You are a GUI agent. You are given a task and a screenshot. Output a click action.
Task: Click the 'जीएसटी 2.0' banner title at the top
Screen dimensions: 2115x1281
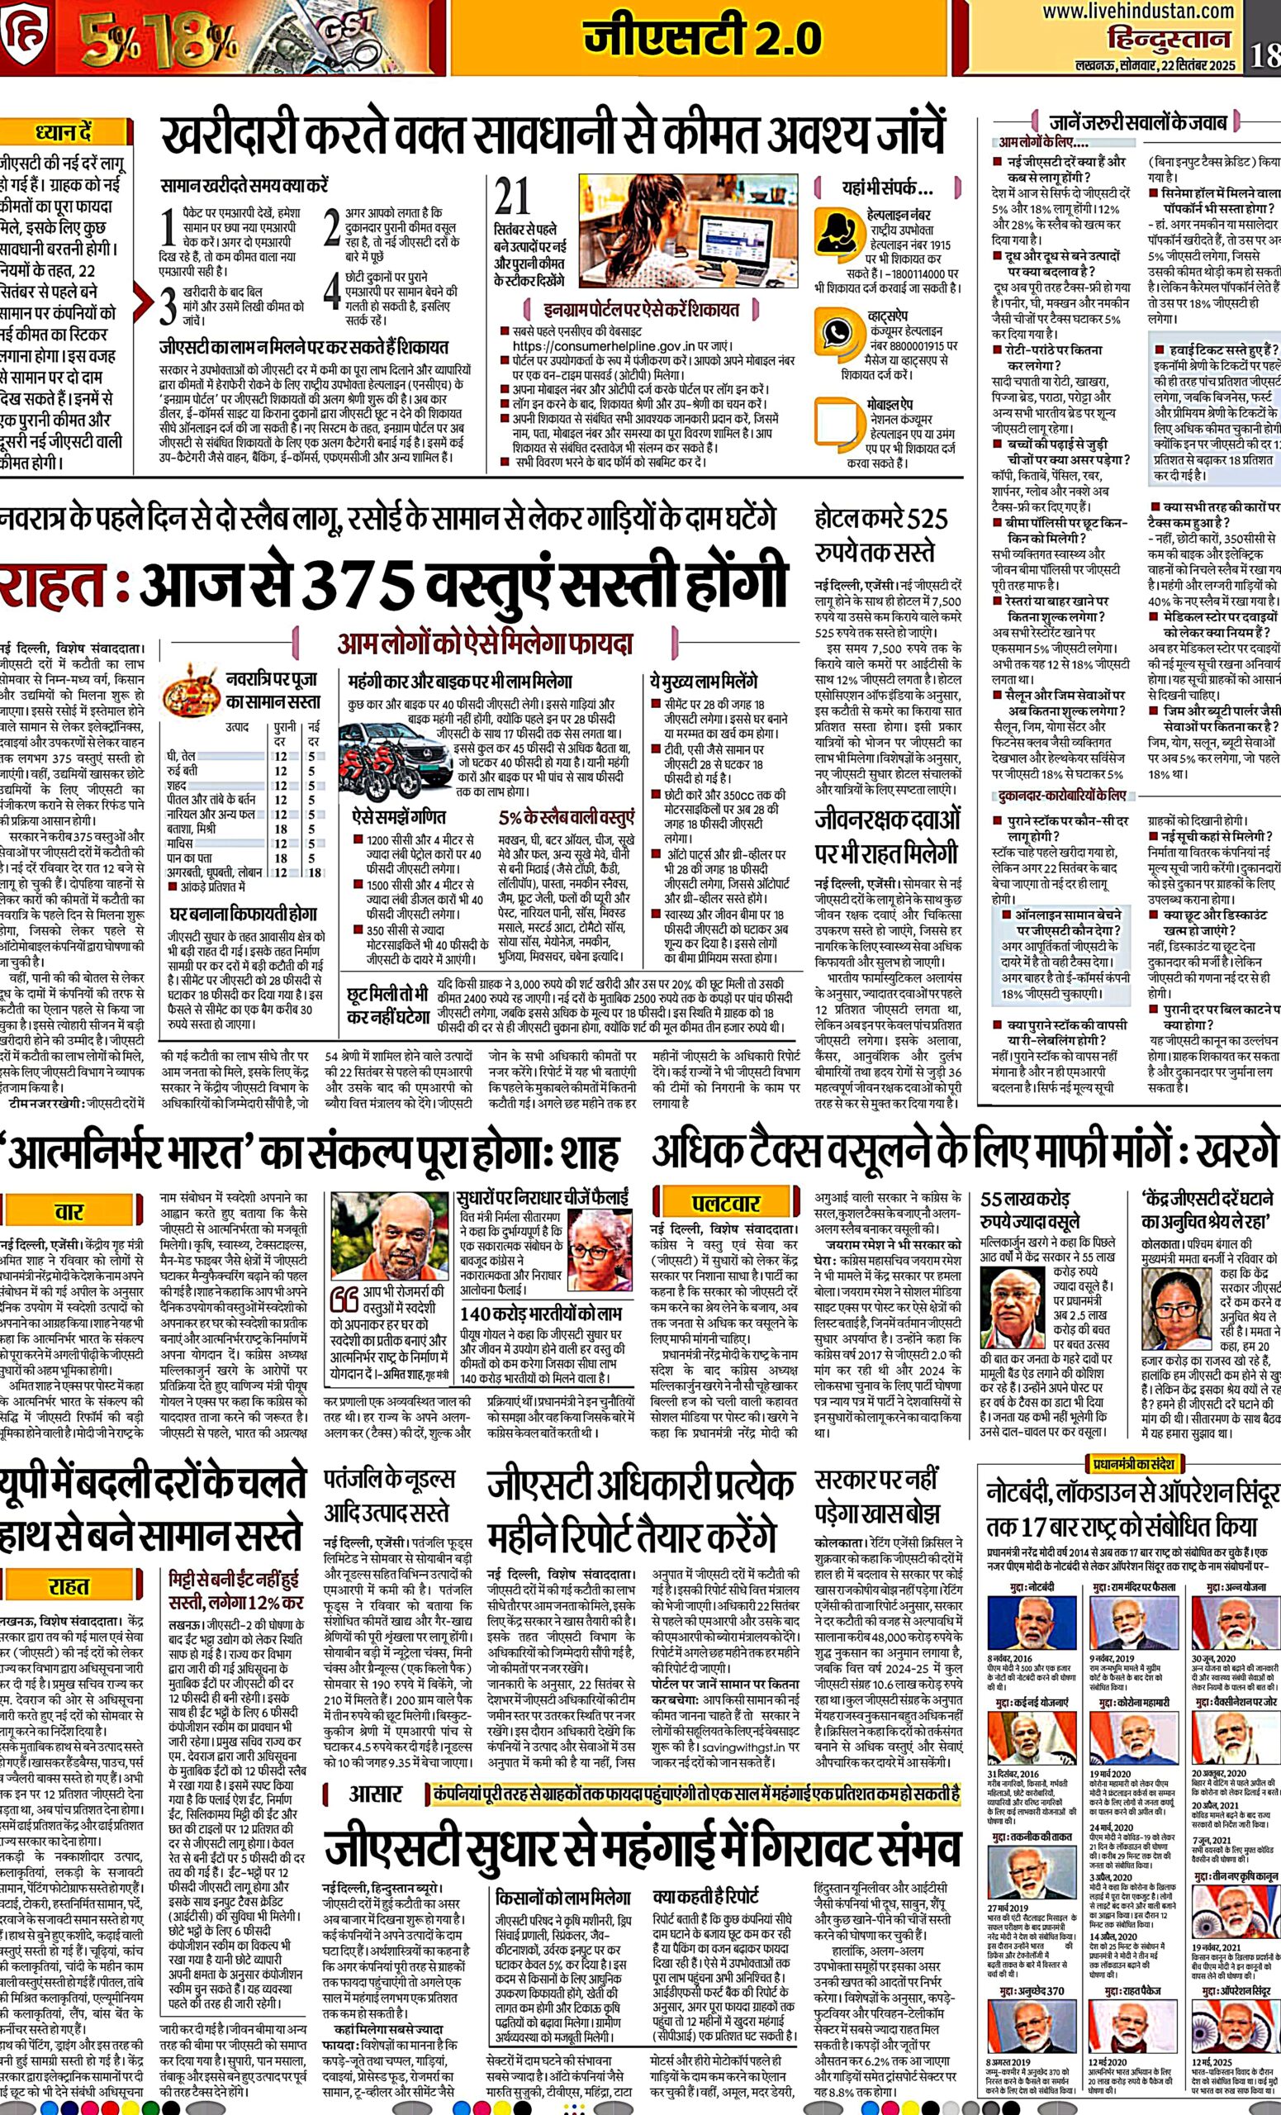[702, 37]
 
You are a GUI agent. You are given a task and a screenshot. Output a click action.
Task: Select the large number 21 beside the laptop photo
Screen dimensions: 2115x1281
[513, 197]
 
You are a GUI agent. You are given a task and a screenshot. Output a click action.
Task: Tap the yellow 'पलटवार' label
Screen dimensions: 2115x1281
[726, 1204]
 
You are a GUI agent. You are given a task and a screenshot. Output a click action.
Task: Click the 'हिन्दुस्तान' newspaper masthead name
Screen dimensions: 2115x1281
[1168, 40]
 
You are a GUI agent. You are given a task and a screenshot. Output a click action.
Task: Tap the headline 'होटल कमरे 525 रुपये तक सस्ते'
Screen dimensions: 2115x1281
[881, 535]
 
